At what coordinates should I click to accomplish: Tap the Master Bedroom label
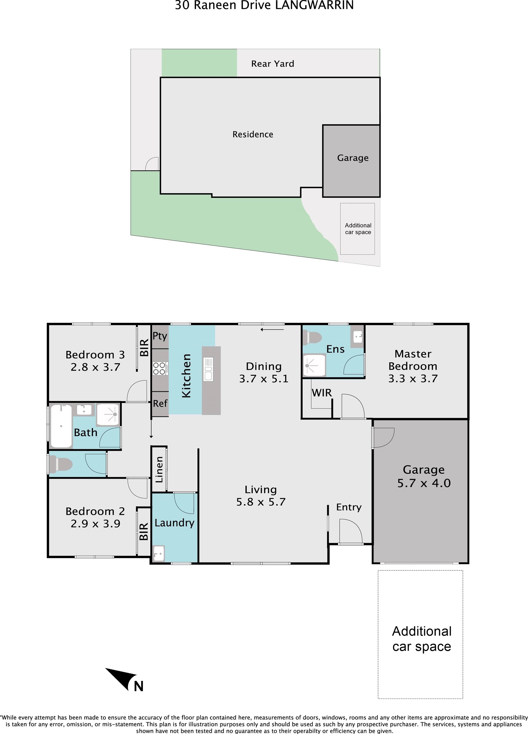(413, 360)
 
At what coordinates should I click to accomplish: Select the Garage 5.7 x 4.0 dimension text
(424, 483)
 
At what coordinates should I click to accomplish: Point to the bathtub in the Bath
(61, 426)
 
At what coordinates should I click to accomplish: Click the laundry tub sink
(158, 553)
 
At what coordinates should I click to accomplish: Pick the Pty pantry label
(160, 336)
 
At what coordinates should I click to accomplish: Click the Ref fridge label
(160, 403)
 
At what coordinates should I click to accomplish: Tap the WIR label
(321, 393)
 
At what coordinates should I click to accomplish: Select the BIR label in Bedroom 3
(144, 348)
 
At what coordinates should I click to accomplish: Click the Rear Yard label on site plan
(273, 64)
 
